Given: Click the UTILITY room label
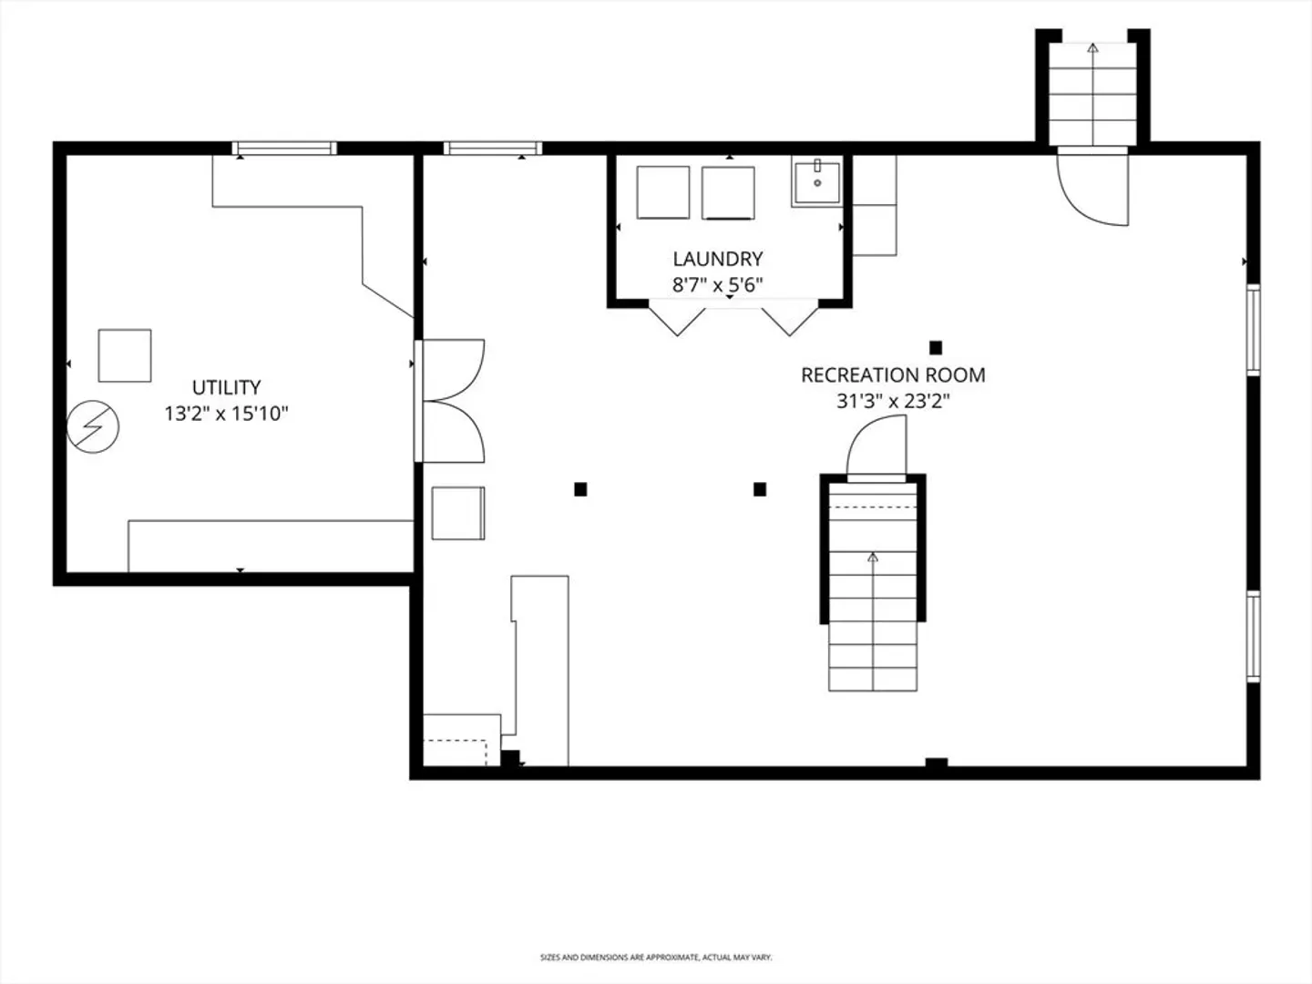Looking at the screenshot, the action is [x=227, y=388].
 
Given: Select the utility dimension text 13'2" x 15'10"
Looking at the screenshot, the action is [x=227, y=414].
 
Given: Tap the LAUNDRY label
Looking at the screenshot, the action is [x=718, y=260].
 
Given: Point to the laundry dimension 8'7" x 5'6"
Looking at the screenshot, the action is [x=718, y=285].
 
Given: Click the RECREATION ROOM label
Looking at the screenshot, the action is [x=893, y=375].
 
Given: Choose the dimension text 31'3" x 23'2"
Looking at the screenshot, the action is [x=893, y=401].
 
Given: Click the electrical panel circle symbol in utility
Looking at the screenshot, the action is [x=93, y=426].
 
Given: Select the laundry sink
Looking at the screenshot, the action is [x=816, y=181].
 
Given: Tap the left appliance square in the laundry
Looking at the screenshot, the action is [x=663, y=192].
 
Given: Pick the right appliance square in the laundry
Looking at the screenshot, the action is [x=728, y=193].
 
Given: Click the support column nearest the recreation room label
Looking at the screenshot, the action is [x=936, y=348].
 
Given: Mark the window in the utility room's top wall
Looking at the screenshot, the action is [x=284, y=149].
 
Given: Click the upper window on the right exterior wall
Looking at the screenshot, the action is [x=1254, y=330].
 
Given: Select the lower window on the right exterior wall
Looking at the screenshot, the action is [x=1254, y=636].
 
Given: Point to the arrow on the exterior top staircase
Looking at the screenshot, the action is [x=1092, y=95].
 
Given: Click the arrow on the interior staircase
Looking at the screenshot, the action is [x=873, y=621].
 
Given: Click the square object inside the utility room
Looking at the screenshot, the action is [x=125, y=355].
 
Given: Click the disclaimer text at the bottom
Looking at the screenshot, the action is [x=656, y=957].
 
